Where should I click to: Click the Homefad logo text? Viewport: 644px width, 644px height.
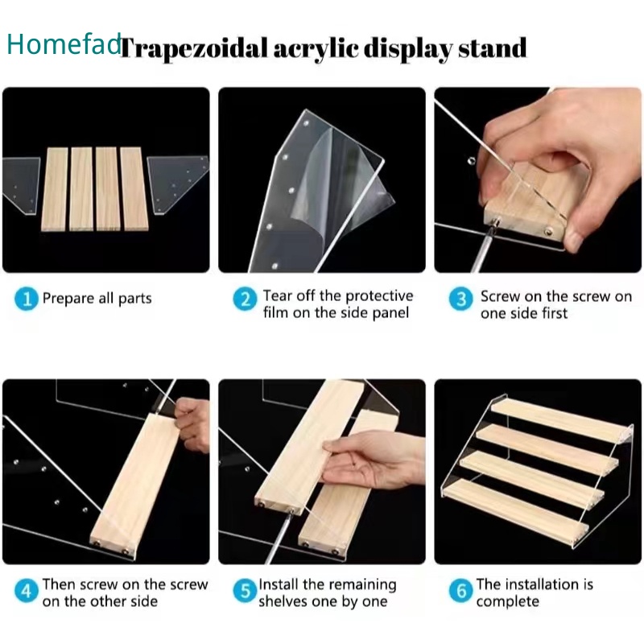64,43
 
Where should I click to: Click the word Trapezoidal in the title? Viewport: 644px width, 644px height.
195,49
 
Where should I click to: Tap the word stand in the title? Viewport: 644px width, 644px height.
493,47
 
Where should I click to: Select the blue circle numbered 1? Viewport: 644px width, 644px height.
27,299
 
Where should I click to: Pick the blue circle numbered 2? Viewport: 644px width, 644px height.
246,299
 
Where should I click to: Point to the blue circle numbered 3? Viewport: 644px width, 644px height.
460,299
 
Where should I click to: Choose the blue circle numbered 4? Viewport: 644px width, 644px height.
27,591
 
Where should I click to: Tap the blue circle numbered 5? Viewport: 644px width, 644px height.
246,591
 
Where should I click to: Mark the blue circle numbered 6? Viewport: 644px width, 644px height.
460,591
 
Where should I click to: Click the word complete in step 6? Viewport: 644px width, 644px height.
508,602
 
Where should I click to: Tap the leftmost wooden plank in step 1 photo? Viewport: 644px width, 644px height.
55,189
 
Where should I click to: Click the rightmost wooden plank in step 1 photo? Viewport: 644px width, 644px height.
134,189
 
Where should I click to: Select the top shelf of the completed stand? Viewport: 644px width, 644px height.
561,419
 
